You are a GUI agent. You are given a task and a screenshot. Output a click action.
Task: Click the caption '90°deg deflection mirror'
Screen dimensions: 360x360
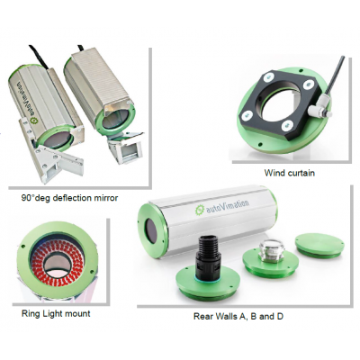coord(69,198)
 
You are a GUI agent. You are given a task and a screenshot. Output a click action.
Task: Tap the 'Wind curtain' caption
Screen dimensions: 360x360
coord(290,173)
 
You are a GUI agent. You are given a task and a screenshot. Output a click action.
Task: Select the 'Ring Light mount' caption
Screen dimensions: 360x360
coord(56,314)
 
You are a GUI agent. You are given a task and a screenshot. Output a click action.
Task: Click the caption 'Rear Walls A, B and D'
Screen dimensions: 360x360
coord(238,317)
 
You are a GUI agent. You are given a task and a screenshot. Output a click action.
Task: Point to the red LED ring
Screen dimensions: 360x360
coord(57,258)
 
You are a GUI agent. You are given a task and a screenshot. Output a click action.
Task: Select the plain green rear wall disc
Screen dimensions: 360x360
coord(318,246)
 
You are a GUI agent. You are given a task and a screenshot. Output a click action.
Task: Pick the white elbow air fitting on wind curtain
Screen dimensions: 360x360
coord(321,110)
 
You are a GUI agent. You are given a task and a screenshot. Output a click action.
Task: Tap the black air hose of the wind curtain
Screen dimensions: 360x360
coord(332,76)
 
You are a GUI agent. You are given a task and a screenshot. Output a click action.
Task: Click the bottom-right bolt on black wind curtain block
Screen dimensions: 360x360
coord(287,123)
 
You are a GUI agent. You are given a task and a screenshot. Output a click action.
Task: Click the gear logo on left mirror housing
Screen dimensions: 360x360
coord(33,122)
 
